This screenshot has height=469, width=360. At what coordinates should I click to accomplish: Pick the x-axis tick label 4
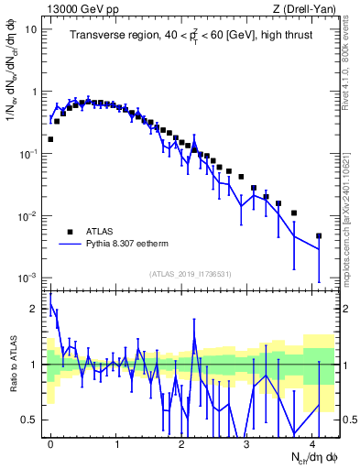[x=313, y=442]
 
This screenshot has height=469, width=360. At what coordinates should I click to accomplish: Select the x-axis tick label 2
[x=182, y=442]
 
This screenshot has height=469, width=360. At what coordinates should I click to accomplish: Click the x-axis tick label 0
[x=50, y=442]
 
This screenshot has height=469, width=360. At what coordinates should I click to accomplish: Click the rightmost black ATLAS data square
[x=319, y=235]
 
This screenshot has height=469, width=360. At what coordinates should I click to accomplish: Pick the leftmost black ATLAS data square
[x=50, y=139]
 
